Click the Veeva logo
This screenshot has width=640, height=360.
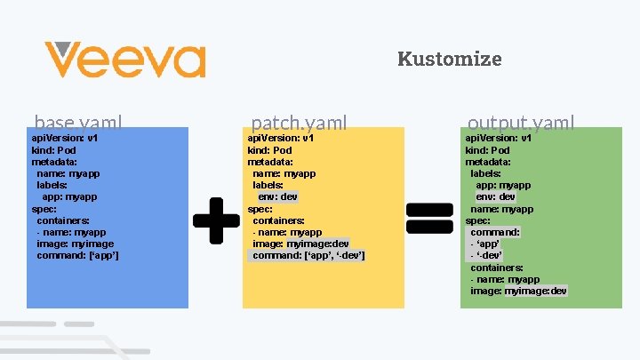(125, 60)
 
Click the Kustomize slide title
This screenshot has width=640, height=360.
(449, 60)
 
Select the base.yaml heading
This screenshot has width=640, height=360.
(78, 123)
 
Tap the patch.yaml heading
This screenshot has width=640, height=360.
(299, 123)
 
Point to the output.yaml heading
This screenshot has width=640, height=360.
(521, 123)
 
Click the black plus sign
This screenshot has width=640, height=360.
(216, 220)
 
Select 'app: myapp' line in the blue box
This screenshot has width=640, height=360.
(69, 196)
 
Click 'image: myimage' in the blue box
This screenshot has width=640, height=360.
(76, 244)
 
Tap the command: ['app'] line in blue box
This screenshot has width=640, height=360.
(78, 255)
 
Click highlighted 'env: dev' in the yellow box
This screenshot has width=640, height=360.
(277, 196)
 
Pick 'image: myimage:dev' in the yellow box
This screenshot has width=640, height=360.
(301, 244)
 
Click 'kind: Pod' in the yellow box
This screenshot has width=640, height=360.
(269, 150)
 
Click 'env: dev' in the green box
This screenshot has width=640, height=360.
(496, 196)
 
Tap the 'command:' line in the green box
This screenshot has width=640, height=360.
(495, 232)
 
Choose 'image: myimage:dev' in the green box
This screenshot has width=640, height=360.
(518, 291)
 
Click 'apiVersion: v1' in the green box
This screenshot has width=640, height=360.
(498, 139)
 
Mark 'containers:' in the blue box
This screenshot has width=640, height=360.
(63, 220)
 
